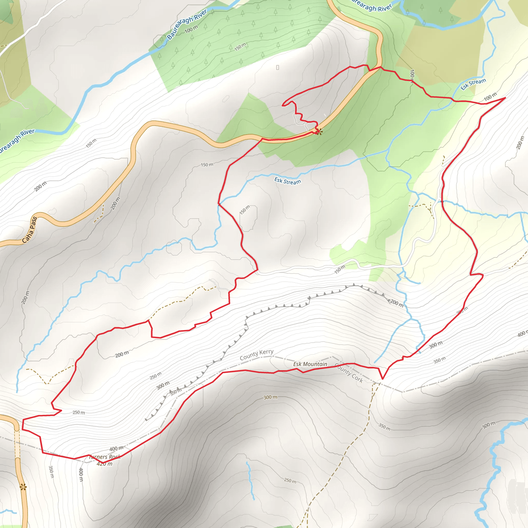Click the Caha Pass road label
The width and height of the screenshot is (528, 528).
(x=29, y=230)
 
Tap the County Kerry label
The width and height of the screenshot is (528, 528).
(x=256, y=355)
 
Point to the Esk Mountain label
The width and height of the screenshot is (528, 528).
(x=310, y=364)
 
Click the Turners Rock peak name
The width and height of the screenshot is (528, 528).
(x=105, y=457)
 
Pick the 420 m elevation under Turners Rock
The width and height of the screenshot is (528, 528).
(x=104, y=464)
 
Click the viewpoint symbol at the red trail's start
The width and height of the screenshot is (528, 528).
(x=318, y=132)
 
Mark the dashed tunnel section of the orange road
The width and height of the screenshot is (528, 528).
(x=18, y=444)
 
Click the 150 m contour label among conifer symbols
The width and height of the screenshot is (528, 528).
(x=240, y=47)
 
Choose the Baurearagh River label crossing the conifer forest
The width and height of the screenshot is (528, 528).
(x=187, y=24)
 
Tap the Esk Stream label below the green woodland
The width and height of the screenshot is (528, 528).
(x=287, y=181)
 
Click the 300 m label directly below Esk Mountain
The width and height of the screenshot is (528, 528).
(x=270, y=397)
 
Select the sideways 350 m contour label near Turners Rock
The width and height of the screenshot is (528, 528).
(x=51, y=472)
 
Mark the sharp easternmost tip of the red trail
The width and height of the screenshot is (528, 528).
(x=505, y=97)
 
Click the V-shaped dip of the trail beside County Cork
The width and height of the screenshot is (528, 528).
(x=383, y=379)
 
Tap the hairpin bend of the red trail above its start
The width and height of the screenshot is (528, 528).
(x=283, y=104)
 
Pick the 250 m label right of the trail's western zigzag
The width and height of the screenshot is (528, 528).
(x=79, y=412)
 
